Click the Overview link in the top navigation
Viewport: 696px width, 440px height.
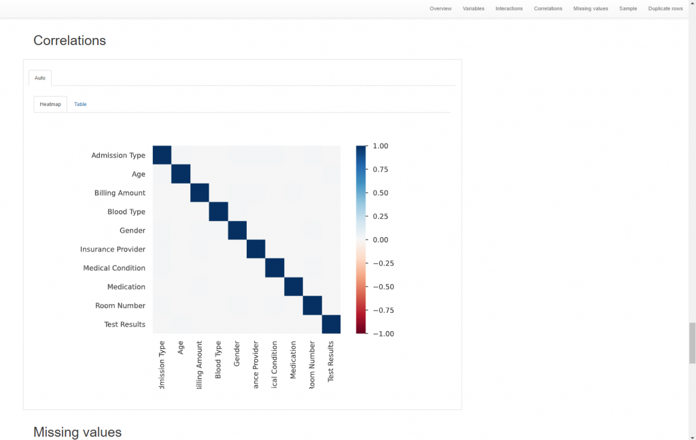pos(440,9)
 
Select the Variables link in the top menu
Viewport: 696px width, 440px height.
pos(474,9)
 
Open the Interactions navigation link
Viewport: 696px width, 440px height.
pos(509,9)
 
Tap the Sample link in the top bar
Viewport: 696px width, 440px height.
pos(628,9)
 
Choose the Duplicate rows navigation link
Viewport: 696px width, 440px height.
pos(665,9)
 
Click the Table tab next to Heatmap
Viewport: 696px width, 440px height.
pos(80,104)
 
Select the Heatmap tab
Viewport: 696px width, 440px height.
pos(50,104)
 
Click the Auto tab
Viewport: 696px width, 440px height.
pos(40,78)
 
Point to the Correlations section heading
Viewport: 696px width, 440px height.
pos(69,40)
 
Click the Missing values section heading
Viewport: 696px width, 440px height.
pos(77,432)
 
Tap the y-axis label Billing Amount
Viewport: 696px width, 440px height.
pos(120,193)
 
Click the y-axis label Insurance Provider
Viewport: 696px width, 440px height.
pos(113,250)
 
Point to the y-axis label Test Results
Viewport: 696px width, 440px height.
pos(124,324)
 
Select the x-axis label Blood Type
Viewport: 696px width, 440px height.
pos(218,360)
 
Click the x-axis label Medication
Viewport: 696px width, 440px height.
pos(293,360)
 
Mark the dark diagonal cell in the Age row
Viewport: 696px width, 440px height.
pos(181,174)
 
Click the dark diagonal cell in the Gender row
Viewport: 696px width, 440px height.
pos(237,231)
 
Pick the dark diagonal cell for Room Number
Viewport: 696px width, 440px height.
pos(312,306)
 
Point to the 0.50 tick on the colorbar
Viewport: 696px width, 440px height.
pos(380,193)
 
